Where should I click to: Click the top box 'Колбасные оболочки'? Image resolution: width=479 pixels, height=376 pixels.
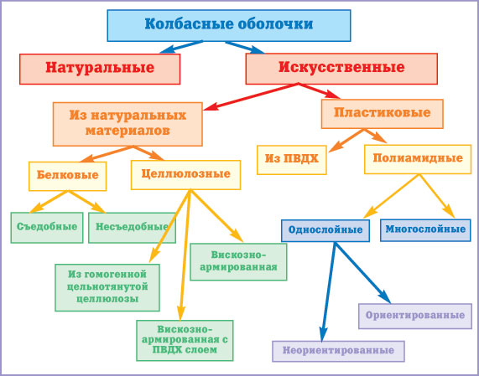pyautogui.click(x=229, y=26)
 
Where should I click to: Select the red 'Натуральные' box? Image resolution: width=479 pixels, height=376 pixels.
pyautogui.click(x=100, y=69)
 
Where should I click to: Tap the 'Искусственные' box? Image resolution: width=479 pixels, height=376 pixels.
pyautogui.click(x=341, y=69)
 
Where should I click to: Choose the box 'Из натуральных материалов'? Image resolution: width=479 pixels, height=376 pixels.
pyautogui.click(x=128, y=124)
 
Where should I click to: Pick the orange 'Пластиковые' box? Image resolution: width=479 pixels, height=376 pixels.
pyautogui.click(x=383, y=114)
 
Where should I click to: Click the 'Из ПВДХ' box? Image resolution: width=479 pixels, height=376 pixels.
pyautogui.click(x=292, y=160)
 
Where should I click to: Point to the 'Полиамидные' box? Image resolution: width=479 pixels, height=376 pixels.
pyautogui.click(x=418, y=159)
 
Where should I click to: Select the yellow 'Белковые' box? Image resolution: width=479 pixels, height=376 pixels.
pyautogui.click(x=67, y=176)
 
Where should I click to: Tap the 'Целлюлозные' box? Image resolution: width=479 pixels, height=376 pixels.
pyautogui.click(x=185, y=175)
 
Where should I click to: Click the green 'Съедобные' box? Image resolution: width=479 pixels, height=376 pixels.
pyautogui.click(x=47, y=228)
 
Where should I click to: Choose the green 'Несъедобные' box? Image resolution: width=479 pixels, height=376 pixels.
pyautogui.click(x=132, y=228)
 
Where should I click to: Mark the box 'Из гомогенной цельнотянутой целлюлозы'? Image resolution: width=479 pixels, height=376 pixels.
pyautogui.click(x=107, y=287)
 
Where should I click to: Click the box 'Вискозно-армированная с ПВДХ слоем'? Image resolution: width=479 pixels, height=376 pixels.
pyautogui.click(x=185, y=340)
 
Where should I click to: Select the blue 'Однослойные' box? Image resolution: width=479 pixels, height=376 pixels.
pyautogui.click(x=325, y=230)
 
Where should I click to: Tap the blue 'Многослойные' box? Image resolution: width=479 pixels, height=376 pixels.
pyautogui.click(x=425, y=230)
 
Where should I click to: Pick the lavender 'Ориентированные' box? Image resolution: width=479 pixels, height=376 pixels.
pyautogui.click(x=415, y=317)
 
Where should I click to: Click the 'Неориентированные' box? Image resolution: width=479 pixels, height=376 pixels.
pyautogui.click(x=338, y=351)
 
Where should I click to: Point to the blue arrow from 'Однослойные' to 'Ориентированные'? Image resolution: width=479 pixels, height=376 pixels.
pyautogui.click(x=362, y=273)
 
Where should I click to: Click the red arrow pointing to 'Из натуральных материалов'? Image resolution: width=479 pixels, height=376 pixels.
pyautogui.click(x=251, y=96)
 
